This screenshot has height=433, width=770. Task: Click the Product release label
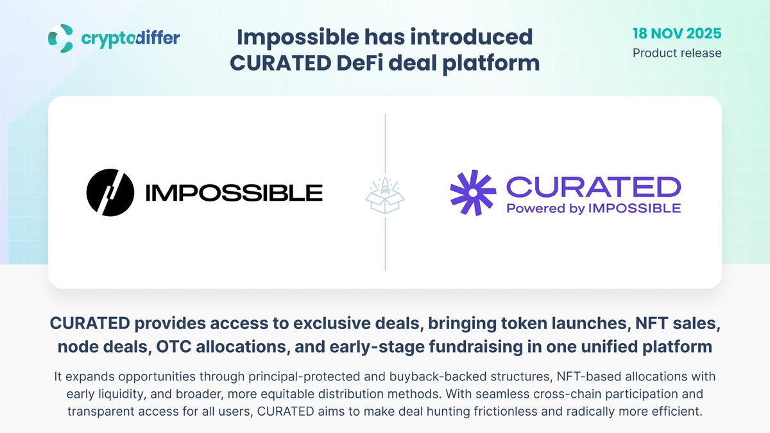(x=677, y=53)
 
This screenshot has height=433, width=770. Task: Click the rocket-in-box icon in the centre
(x=385, y=192)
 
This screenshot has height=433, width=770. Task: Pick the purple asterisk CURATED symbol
(x=473, y=192)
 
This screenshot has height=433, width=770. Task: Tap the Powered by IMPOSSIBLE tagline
(x=594, y=208)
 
